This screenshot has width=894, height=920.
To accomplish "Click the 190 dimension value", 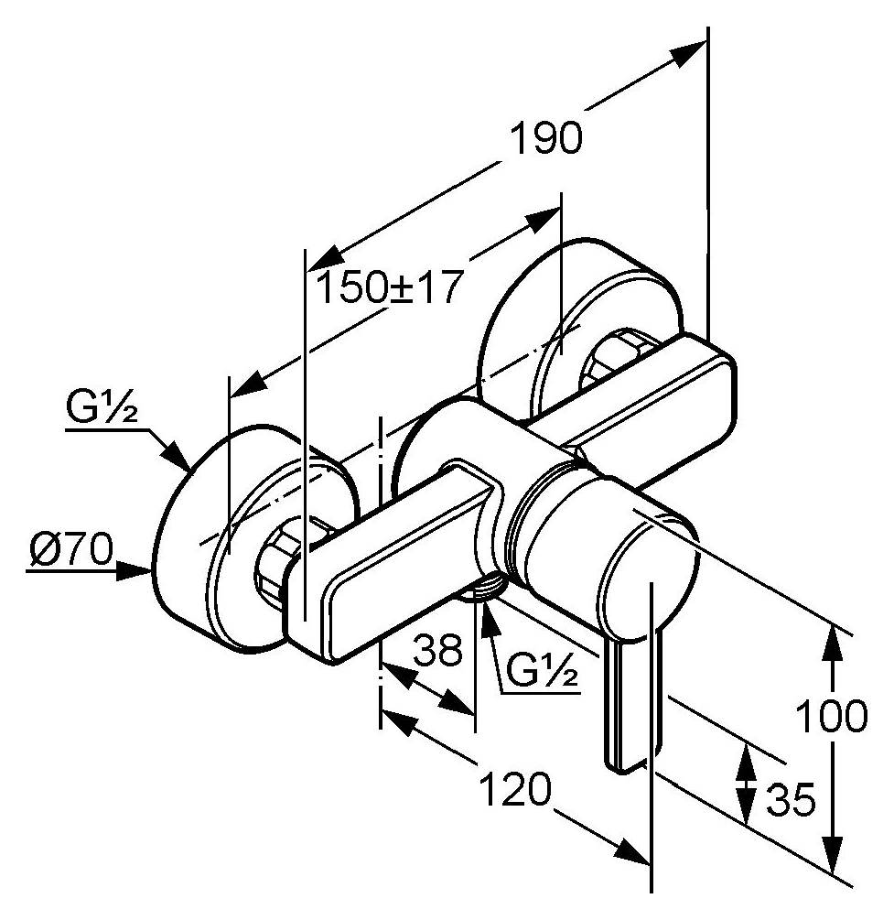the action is tap(546, 138).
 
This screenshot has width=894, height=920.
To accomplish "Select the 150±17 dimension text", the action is tap(386, 287).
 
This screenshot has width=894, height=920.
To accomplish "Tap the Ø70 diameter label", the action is tap(71, 550).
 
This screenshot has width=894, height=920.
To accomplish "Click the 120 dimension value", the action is tap(516, 789).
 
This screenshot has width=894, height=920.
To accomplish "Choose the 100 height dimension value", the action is tap(831, 717).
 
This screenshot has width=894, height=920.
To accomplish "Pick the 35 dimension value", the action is tap(792, 799).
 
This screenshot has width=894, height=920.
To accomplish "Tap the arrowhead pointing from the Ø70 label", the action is tap(134, 569).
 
